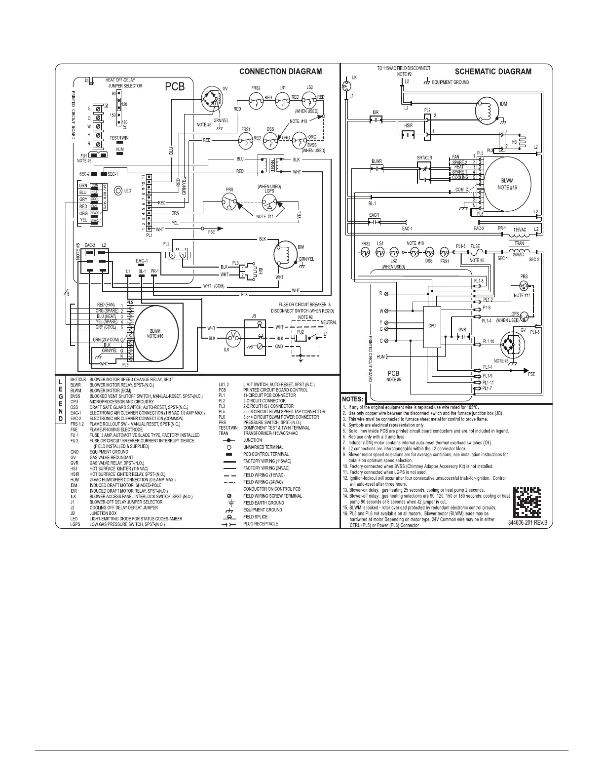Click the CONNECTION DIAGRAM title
pos(280,72)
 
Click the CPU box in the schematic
pos(432,326)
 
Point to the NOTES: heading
pos(353,399)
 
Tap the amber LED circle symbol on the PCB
pos(118,191)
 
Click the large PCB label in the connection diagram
pos(174,87)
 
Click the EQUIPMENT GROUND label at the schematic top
pos(451,82)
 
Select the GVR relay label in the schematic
pos(462,329)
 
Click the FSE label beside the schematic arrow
pos(531,374)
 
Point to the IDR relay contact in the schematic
pos(377,119)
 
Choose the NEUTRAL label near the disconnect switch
pos(329,323)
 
